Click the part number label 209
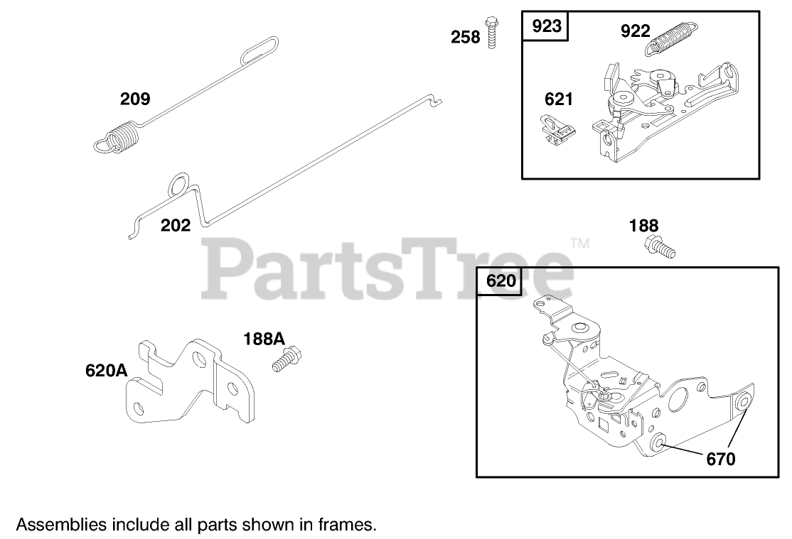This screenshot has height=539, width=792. click(x=135, y=99)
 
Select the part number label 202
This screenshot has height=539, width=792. click(x=176, y=226)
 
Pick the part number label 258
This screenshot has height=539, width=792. click(x=466, y=37)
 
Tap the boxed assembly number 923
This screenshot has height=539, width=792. click(x=547, y=27)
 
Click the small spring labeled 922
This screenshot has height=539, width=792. click(x=672, y=41)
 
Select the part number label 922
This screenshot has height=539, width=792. click(x=635, y=31)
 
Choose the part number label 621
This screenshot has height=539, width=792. click(x=558, y=99)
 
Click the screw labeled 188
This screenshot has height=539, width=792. click(x=658, y=247)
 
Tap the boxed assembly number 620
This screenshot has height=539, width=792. click(x=501, y=282)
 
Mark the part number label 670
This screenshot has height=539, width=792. click(x=721, y=459)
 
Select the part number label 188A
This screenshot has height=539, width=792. click(x=264, y=339)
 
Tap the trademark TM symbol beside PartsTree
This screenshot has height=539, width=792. click(x=580, y=244)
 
